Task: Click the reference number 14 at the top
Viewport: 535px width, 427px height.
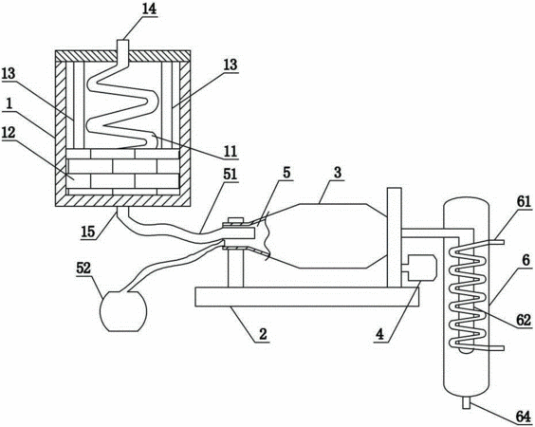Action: click(149, 9)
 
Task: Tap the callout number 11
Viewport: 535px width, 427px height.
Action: click(231, 152)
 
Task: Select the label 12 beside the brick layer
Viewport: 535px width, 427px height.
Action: click(9, 133)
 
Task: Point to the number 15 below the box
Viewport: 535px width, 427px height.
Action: click(88, 232)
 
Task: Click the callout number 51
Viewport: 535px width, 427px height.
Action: click(230, 175)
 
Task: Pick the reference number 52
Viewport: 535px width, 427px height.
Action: click(83, 269)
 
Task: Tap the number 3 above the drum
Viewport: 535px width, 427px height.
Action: click(338, 173)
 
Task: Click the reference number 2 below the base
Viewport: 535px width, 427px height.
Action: click(263, 334)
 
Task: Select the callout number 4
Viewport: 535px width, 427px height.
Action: click(379, 334)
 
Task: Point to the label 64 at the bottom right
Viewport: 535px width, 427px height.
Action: click(524, 418)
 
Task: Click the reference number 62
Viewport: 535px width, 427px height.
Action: click(524, 320)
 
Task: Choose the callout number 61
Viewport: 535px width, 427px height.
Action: click(524, 202)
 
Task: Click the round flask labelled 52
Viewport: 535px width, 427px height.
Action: click(123, 310)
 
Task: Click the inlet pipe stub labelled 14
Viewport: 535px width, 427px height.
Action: click(122, 46)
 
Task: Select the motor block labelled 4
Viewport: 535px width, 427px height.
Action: click(418, 268)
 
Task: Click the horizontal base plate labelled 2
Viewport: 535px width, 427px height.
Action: click(306, 297)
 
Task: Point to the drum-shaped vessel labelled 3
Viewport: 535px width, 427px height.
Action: click(327, 236)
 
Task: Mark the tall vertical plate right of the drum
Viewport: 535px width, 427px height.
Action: click(395, 237)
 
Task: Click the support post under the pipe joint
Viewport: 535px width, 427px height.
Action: click(235, 268)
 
